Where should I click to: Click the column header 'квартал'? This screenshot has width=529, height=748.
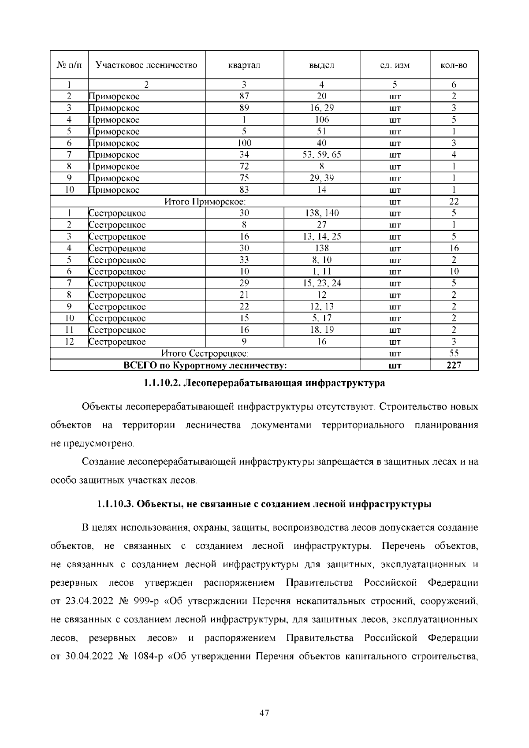click(x=244, y=65)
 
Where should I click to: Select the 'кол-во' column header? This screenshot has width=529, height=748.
click(x=454, y=65)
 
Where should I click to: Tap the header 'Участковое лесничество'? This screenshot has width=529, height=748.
click(x=146, y=65)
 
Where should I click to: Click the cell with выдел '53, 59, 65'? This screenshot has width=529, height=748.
click(x=322, y=155)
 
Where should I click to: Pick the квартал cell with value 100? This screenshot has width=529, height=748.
click(x=244, y=143)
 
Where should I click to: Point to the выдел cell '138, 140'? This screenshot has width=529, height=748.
click(x=322, y=213)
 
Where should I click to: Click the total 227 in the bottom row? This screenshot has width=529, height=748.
click(x=454, y=365)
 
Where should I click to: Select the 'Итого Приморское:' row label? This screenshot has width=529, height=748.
click(x=205, y=201)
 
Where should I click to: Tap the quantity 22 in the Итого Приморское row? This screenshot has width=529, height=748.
click(x=454, y=201)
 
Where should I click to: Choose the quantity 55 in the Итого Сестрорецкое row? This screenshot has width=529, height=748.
click(x=454, y=354)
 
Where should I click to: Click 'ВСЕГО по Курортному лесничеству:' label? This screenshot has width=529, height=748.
click(x=205, y=365)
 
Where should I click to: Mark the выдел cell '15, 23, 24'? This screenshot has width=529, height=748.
click(x=322, y=283)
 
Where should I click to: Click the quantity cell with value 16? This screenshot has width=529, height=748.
click(x=454, y=248)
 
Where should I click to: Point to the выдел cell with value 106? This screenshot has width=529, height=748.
click(x=322, y=119)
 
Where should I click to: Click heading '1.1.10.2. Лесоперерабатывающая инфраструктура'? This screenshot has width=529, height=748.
click(x=264, y=383)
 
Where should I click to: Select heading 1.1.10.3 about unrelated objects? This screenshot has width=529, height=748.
click(x=264, y=504)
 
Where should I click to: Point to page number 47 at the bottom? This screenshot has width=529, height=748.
click(x=264, y=713)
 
